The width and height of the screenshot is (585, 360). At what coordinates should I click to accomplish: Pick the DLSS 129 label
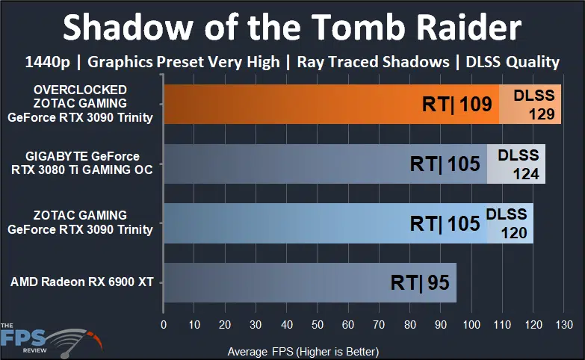click(533, 105)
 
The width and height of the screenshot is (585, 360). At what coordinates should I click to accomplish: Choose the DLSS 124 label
click(518, 164)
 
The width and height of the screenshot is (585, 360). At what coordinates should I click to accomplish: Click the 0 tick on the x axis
click(164, 326)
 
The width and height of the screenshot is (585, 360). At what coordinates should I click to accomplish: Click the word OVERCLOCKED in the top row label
click(80, 90)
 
